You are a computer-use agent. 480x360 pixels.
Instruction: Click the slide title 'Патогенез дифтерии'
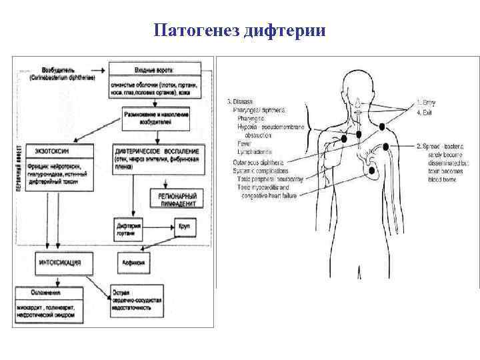pos(239,31)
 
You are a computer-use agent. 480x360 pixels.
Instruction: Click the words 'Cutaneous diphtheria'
pos(262,162)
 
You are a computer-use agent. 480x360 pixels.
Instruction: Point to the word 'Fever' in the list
pos(244,143)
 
